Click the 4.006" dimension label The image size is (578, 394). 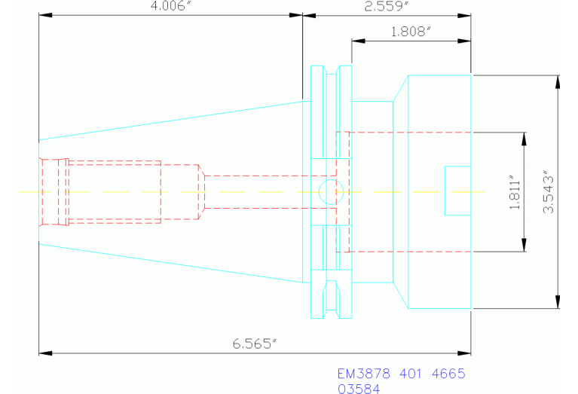tap(172, 6)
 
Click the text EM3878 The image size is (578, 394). tap(362, 374)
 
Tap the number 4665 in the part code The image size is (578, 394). tap(447, 374)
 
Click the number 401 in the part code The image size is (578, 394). tap(408, 374)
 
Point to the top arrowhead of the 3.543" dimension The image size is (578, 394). tap(557, 79)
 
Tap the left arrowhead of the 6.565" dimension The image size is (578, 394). tap(44, 352)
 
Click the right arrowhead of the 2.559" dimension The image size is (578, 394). tap(466, 14)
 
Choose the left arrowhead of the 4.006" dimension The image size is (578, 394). tap(44, 14)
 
